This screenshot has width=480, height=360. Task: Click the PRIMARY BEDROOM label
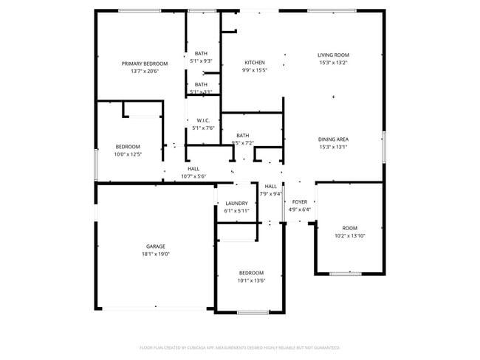(x=145, y=63)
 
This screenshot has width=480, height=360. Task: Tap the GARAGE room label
(x=155, y=246)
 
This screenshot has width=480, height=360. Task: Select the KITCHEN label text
(x=255, y=63)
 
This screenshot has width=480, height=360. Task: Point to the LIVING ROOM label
(x=333, y=55)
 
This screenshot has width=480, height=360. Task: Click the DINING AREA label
(x=333, y=139)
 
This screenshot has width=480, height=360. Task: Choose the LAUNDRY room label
(x=236, y=203)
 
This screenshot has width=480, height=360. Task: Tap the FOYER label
(x=300, y=201)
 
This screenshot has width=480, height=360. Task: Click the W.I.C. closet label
(x=203, y=120)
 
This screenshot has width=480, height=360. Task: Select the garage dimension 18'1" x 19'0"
(x=155, y=255)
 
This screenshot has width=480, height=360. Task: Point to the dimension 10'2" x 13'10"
(x=350, y=235)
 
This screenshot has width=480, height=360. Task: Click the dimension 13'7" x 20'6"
(x=145, y=72)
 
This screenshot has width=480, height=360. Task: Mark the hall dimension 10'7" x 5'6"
(x=193, y=176)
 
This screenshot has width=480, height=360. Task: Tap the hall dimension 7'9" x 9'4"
(x=271, y=194)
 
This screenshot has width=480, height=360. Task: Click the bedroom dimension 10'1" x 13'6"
(x=251, y=280)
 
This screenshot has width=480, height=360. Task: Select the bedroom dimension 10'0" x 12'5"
(x=127, y=154)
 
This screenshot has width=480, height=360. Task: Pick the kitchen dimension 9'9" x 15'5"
(x=255, y=71)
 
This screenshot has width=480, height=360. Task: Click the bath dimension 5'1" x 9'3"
(x=201, y=61)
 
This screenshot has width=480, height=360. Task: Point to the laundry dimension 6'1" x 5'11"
(x=236, y=211)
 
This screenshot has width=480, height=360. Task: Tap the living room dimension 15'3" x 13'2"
(x=333, y=63)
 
